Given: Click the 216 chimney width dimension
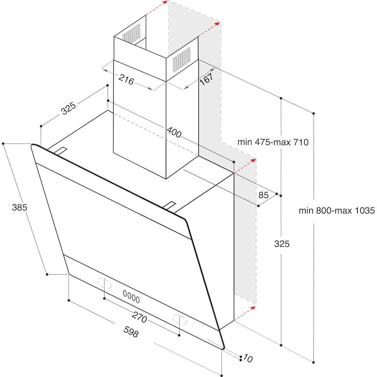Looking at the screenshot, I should pyautogui.click(x=126, y=79).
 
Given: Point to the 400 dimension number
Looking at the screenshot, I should pyautogui.click(x=174, y=133).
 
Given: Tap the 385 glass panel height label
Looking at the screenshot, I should pyautogui.click(x=19, y=207).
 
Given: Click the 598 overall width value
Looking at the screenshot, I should pyautogui.click(x=131, y=332).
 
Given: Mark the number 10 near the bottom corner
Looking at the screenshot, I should pyautogui.click(x=248, y=359).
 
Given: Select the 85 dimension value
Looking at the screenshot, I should pyautogui.click(x=264, y=195).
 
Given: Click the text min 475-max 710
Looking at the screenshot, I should pyautogui.click(x=273, y=143).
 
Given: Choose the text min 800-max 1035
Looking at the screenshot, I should pyautogui.click(x=337, y=211).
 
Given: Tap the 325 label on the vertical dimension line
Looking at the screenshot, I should pyautogui.click(x=282, y=244).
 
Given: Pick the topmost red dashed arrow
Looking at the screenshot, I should pyautogui.click(x=157, y=8).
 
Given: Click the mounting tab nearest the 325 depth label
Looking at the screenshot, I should pyautogui.click(x=60, y=151).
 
